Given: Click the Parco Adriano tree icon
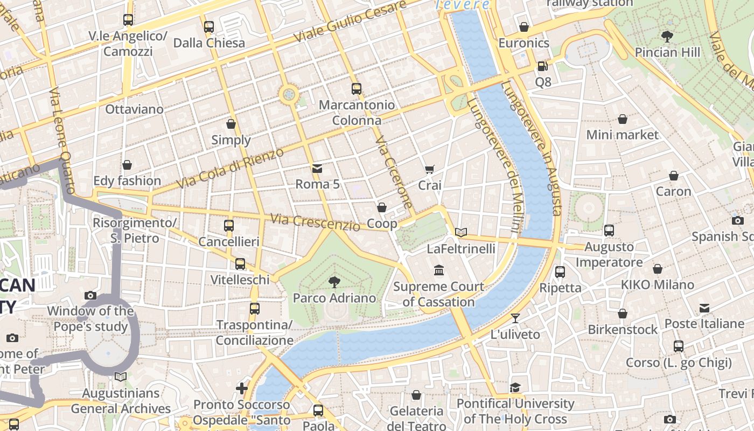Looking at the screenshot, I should click(334, 282).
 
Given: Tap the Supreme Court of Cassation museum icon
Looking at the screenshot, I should click(438, 270).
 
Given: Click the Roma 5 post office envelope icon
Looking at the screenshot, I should click(317, 169).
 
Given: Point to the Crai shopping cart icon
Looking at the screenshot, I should click(429, 170).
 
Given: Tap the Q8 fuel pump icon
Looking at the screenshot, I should click(542, 66).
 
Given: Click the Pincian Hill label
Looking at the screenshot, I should click(667, 52).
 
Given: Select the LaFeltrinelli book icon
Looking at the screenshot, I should click(461, 233).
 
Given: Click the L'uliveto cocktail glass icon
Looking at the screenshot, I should click(515, 318).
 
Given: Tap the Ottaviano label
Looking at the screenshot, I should click(134, 109).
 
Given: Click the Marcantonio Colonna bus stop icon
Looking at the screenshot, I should click(356, 89).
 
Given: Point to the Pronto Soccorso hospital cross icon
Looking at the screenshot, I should click(242, 388).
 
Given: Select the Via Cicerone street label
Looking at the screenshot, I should click(394, 172).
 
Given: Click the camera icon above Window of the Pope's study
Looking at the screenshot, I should click(90, 295).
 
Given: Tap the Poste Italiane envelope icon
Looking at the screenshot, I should click(704, 308).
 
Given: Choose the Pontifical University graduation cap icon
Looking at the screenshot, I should click(515, 388).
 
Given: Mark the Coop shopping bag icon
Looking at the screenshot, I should click(382, 207).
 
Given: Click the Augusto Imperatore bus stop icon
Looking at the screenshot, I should click(609, 231).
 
